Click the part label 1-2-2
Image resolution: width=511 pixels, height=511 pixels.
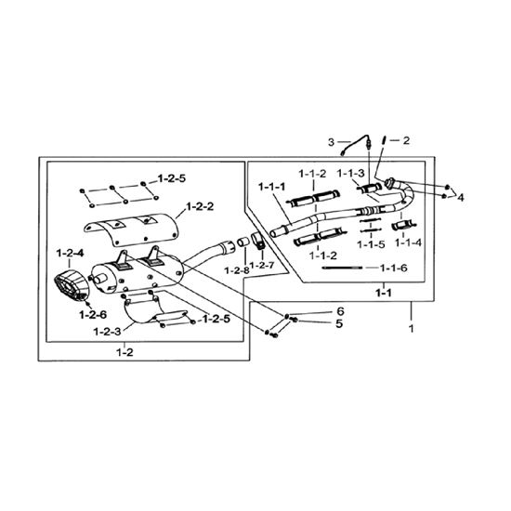[x=200, y=206]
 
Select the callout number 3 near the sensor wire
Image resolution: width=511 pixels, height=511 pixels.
[x=331, y=142]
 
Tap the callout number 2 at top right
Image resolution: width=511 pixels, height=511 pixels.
[x=406, y=140]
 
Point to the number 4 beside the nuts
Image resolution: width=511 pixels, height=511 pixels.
[x=461, y=197]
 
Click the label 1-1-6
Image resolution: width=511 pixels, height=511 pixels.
[x=394, y=268]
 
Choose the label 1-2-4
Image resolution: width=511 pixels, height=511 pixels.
[x=71, y=254]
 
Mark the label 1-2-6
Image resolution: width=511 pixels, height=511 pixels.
[x=93, y=315]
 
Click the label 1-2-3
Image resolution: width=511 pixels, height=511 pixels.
[x=107, y=332]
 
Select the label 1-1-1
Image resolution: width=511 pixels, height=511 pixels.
[x=272, y=187]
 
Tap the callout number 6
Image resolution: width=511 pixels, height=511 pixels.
[x=340, y=311]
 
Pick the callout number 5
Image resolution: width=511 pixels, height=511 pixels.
[x=339, y=323]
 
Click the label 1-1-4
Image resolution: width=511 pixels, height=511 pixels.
[x=409, y=242]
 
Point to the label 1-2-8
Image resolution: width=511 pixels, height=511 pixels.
[x=237, y=270]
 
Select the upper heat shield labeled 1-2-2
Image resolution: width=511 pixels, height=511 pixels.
[x=131, y=229]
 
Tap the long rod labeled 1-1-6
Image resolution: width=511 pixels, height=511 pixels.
[x=342, y=268]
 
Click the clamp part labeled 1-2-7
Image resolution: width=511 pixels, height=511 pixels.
[x=257, y=240]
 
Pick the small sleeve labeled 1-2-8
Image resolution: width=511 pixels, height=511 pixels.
[x=242, y=242]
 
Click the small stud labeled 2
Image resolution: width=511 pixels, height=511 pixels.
[x=385, y=140]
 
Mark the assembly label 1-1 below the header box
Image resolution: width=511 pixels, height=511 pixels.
[x=384, y=293]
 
